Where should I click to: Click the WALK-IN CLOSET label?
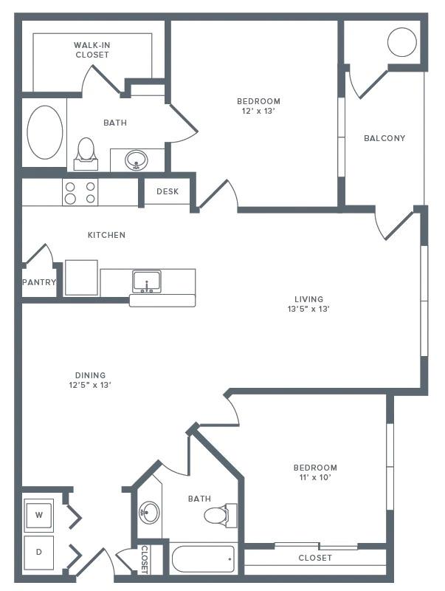(x=92, y=50)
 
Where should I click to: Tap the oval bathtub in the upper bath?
(x=44, y=133)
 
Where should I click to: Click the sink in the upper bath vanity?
(x=136, y=159)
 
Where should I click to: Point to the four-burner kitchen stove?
(x=80, y=193)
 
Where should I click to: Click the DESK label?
(x=168, y=191)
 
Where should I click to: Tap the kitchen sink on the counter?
(x=147, y=281)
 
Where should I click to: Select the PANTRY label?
(x=39, y=282)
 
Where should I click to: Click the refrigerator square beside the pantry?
(x=81, y=278)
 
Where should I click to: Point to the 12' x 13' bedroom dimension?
(x=258, y=111)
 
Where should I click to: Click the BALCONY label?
(x=384, y=138)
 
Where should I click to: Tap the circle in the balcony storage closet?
(x=402, y=42)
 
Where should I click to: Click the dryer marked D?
(x=39, y=552)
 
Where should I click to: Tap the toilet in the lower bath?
(x=219, y=514)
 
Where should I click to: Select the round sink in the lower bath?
(x=149, y=511)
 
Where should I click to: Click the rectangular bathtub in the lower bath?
(x=204, y=559)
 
